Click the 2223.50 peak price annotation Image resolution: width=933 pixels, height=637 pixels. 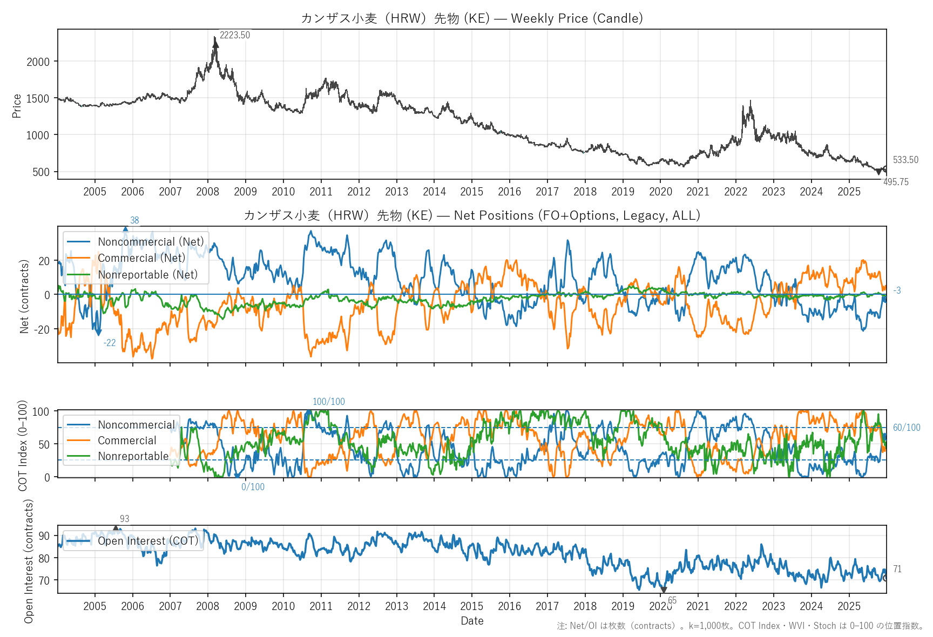tap(234, 35)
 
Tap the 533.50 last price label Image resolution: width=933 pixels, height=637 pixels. tap(905, 160)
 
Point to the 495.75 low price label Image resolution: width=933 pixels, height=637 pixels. tap(896, 182)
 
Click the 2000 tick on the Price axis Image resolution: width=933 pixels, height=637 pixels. tap(38, 62)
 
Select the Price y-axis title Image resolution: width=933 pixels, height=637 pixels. tap(17, 106)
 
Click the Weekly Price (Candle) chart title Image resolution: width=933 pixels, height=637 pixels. tap(472, 18)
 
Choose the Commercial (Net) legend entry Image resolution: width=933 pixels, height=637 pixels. tap(141, 258)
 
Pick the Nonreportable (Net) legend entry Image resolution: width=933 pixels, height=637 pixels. tap(147, 274)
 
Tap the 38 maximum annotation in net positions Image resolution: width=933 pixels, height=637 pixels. tap(134, 220)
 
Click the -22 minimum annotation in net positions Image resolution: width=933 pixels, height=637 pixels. tap(110, 343)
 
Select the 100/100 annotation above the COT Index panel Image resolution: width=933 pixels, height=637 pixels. tap(328, 402)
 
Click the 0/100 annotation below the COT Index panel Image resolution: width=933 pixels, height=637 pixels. tap(253, 487)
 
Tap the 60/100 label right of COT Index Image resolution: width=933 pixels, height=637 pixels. tap(906, 428)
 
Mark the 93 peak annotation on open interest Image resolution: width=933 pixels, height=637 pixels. tap(124, 519)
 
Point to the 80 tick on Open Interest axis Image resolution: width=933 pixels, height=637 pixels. tap(44, 558)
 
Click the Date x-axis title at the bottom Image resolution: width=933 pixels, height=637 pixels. tap(472, 621)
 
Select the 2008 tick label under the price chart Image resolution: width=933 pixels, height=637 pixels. tap(208, 192)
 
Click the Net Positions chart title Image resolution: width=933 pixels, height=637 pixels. tap(472, 215)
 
